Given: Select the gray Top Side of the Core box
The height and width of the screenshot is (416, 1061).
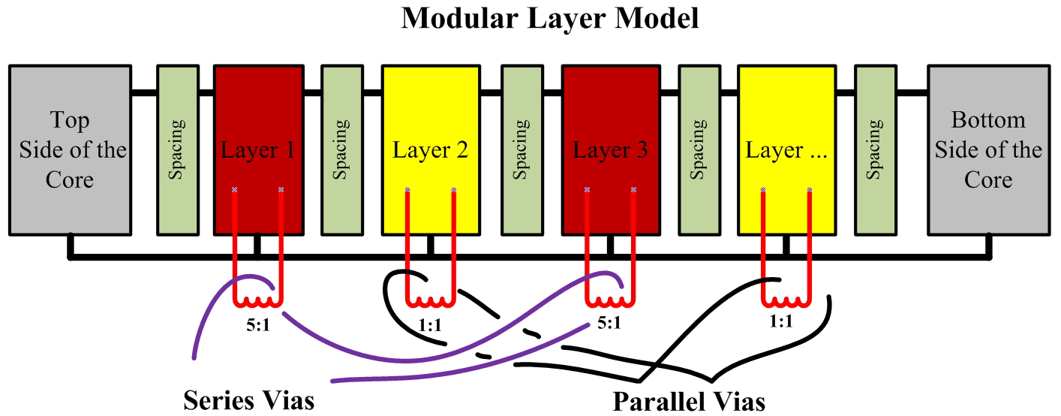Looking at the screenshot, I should [72, 149].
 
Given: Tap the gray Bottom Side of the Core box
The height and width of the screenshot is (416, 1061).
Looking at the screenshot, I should [987, 149].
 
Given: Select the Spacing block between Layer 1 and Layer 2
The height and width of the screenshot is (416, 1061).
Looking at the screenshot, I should [342, 149].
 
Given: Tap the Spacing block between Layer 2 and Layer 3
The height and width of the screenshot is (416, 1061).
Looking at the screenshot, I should [522, 149].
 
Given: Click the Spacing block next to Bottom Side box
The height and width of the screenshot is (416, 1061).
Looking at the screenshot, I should [875, 149].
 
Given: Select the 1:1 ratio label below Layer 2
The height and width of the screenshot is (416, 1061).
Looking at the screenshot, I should [431, 325].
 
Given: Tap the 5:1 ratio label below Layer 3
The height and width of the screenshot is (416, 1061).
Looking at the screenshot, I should [609, 325].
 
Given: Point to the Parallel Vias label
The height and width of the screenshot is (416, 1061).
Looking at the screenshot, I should [689, 401].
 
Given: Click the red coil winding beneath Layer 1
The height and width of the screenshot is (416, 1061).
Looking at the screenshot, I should [257, 301].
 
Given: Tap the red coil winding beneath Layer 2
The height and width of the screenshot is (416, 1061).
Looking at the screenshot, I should [431, 301].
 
